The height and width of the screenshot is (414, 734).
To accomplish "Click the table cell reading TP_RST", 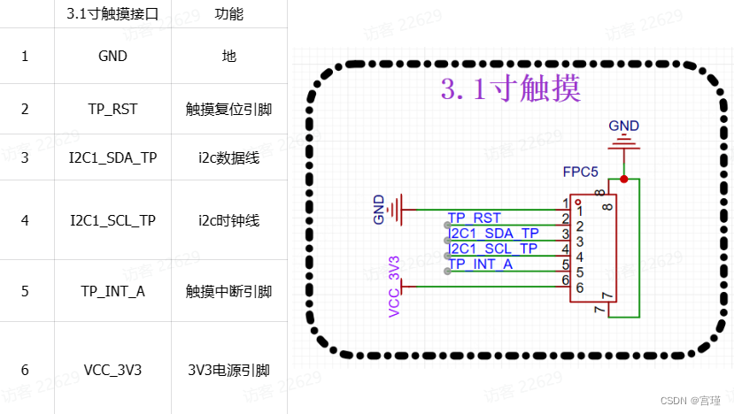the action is [112, 109].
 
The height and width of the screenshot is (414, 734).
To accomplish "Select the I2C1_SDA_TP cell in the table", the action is [112, 157].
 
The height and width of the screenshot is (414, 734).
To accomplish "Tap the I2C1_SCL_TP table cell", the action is [112, 220].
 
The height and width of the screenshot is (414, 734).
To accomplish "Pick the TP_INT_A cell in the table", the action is [112, 290].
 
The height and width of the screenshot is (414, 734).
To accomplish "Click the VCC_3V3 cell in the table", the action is [112, 371].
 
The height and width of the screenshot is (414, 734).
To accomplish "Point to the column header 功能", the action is [228, 14].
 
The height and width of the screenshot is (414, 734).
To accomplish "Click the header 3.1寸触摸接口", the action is [112, 14].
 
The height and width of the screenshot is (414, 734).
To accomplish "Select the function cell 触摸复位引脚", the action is [228, 109].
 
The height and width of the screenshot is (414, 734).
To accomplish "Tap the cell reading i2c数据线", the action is [228, 157].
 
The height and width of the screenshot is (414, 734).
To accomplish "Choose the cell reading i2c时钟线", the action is [228, 220].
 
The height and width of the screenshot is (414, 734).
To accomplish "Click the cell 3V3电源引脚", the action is [228, 371].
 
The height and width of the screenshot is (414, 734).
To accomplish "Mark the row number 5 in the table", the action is [25, 290].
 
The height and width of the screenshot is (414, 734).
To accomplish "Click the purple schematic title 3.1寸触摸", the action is [510, 89].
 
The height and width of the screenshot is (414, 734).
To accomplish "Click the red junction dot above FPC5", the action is [624, 180].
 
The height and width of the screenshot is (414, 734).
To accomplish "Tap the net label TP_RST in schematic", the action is [475, 218].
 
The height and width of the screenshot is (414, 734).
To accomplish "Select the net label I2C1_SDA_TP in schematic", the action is [494, 233].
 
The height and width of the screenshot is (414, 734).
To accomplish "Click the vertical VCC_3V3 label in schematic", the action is [394, 285].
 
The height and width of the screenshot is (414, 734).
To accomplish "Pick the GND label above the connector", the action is [623, 126].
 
